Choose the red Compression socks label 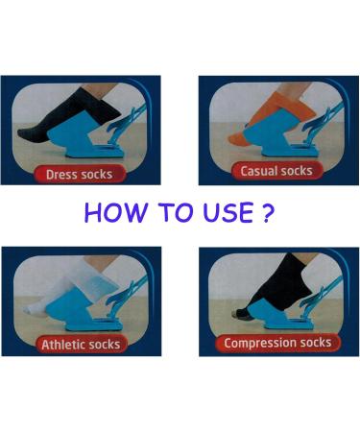pos(276,342)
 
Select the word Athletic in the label pos(64,343)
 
